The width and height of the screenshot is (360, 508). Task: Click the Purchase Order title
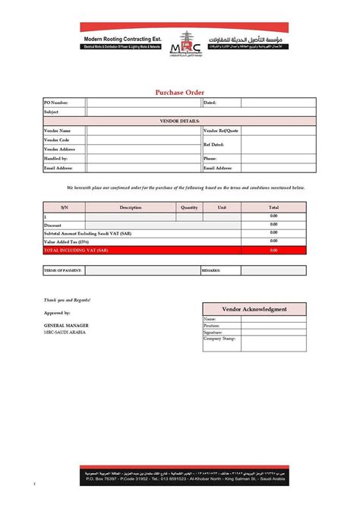[180, 92]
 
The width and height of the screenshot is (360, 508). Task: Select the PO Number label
[57, 102]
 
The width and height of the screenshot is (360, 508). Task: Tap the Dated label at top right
[210, 102]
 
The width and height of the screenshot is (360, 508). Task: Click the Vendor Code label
[58, 140]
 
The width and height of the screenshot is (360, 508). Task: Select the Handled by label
[57, 159]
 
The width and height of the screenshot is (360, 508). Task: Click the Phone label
[210, 159]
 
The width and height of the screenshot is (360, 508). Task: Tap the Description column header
[131, 207]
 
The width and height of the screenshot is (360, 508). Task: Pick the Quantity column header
[189, 207]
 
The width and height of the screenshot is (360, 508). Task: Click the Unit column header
[222, 207]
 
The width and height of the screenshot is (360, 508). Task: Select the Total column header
[273, 207]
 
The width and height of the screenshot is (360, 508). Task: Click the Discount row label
[53, 226]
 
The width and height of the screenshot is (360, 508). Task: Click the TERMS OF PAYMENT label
[62, 270]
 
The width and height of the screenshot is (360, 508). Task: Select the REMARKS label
[211, 270]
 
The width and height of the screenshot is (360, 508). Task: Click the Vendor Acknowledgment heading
[254, 309]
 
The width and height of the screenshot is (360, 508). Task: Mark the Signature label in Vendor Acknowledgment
[213, 333]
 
